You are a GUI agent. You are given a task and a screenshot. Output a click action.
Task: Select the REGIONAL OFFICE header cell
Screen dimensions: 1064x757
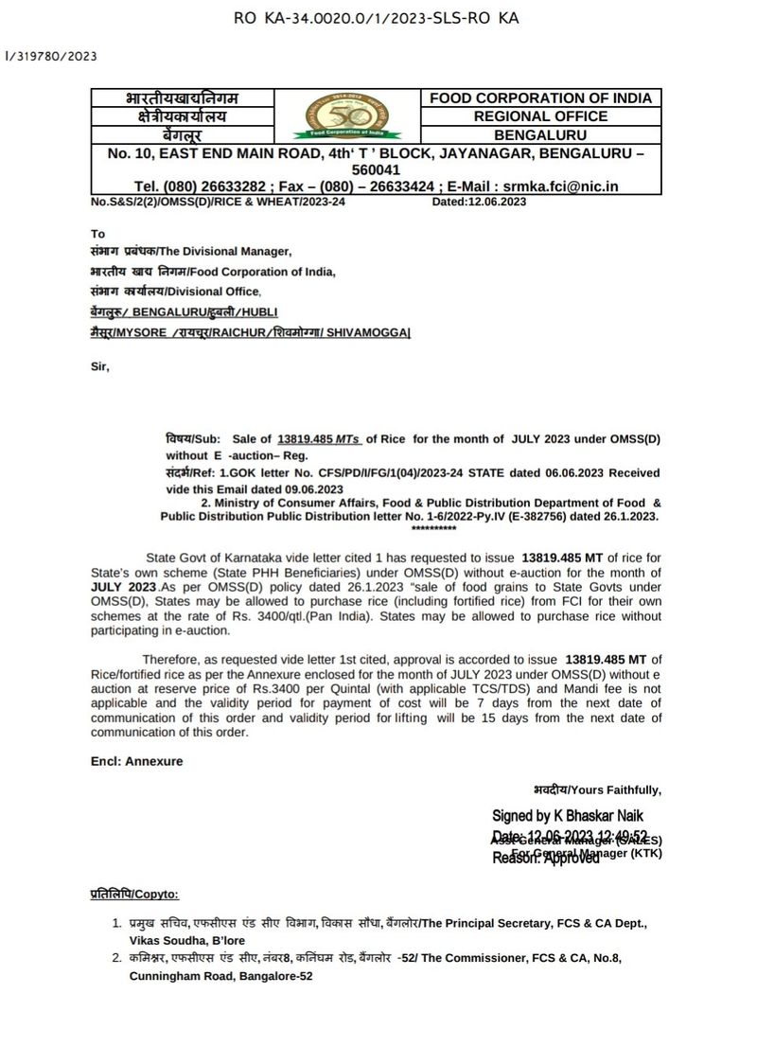tap(540, 116)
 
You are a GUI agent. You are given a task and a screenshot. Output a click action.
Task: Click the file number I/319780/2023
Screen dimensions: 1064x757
tap(51, 56)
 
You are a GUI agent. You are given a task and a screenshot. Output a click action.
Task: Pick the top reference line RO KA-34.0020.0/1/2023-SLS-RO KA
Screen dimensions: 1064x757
tap(376, 18)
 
